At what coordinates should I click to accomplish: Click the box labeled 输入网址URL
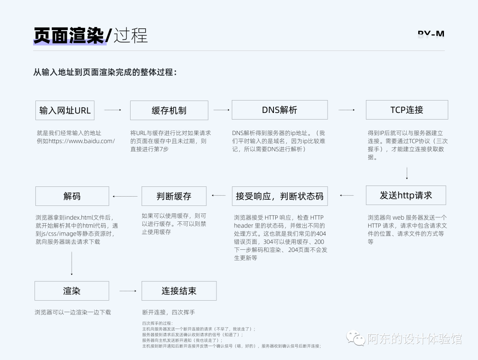(65, 110)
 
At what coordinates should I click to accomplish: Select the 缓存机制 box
(169, 110)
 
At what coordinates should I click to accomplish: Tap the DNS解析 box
(280, 110)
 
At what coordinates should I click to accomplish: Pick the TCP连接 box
(407, 110)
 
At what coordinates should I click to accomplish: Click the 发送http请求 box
(406, 195)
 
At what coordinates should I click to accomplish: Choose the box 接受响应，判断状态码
(280, 196)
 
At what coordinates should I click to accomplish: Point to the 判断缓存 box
(174, 196)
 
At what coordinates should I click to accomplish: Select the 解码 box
(72, 196)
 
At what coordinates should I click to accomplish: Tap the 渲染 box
(72, 291)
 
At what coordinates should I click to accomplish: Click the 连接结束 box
(179, 291)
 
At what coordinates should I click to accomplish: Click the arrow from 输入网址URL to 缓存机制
(112, 110)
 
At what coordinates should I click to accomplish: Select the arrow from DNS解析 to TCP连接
(347, 110)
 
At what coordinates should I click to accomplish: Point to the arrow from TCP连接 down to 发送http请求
(407, 173)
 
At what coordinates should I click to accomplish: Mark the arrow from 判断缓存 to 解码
(125, 196)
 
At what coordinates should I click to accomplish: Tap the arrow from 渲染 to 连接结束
(128, 291)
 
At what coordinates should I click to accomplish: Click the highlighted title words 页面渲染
(69, 36)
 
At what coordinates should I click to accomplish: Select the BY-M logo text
(431, 34)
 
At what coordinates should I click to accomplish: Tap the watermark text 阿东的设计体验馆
(414, 339)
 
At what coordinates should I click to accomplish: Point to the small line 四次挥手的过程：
(158, 324)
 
